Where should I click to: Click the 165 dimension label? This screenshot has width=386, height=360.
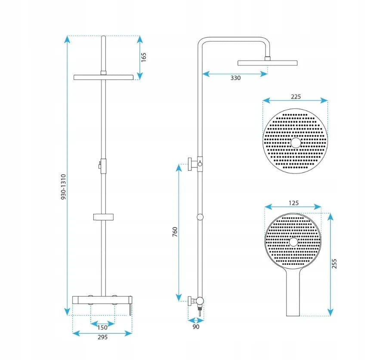(144, 57)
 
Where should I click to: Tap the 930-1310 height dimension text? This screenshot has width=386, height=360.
(64, 187)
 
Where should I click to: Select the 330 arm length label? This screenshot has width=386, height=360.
(235, 78)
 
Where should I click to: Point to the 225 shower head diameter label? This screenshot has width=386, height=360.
(296, 97)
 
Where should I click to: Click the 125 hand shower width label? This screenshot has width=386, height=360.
(293, 203)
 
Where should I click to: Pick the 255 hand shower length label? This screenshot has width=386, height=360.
(334, 264)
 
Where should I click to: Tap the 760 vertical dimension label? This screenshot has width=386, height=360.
(175, 232)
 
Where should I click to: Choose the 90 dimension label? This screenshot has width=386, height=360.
(196, 327)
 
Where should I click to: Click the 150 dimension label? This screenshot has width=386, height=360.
(102, 327)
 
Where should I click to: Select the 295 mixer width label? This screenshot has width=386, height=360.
(102, 337)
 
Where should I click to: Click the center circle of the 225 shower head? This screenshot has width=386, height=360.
(296, 143)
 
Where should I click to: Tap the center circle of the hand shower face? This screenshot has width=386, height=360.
(293, 242)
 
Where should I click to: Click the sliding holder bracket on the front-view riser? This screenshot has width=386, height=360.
(103, 217)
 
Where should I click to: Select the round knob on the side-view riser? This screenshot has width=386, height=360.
(200, 217)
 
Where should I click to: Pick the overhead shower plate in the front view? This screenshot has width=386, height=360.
(103, 77)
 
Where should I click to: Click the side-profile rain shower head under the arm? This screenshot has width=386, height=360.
(267, 63)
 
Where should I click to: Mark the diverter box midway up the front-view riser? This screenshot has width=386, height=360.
(103, 166)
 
